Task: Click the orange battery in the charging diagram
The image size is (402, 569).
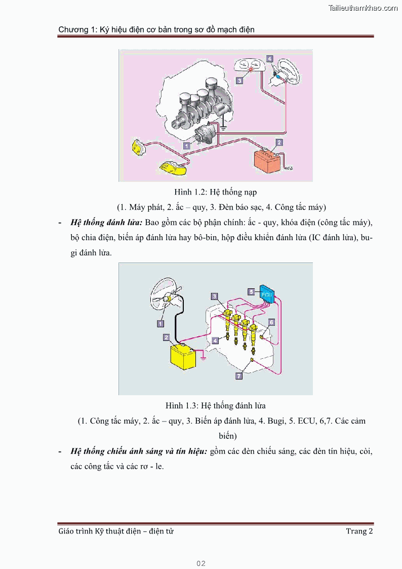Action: click(x=267, y=157)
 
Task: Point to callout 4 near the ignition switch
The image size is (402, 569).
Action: click(x=270, y=59)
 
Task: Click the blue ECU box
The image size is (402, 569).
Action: click(x=266, y=294)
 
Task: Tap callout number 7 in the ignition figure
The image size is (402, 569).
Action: click(x=239, y=376)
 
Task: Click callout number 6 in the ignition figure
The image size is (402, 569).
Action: click(x=271, y=322)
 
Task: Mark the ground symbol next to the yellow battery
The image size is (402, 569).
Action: click(x=203, y=358)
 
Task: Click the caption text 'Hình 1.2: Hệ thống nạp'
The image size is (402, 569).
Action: click(x=216, y=192)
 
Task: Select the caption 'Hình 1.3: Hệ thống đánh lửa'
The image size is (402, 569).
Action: click(x=216, y=406)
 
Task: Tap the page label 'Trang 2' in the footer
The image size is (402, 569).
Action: click(x=359, y=531)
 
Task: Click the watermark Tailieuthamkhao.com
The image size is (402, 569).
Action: click(x=363, y=8)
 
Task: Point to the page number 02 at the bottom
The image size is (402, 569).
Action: click(x=201, y=563)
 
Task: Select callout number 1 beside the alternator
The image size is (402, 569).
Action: click(x=186, y=145)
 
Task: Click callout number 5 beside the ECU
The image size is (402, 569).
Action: click(x=251, y=291)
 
